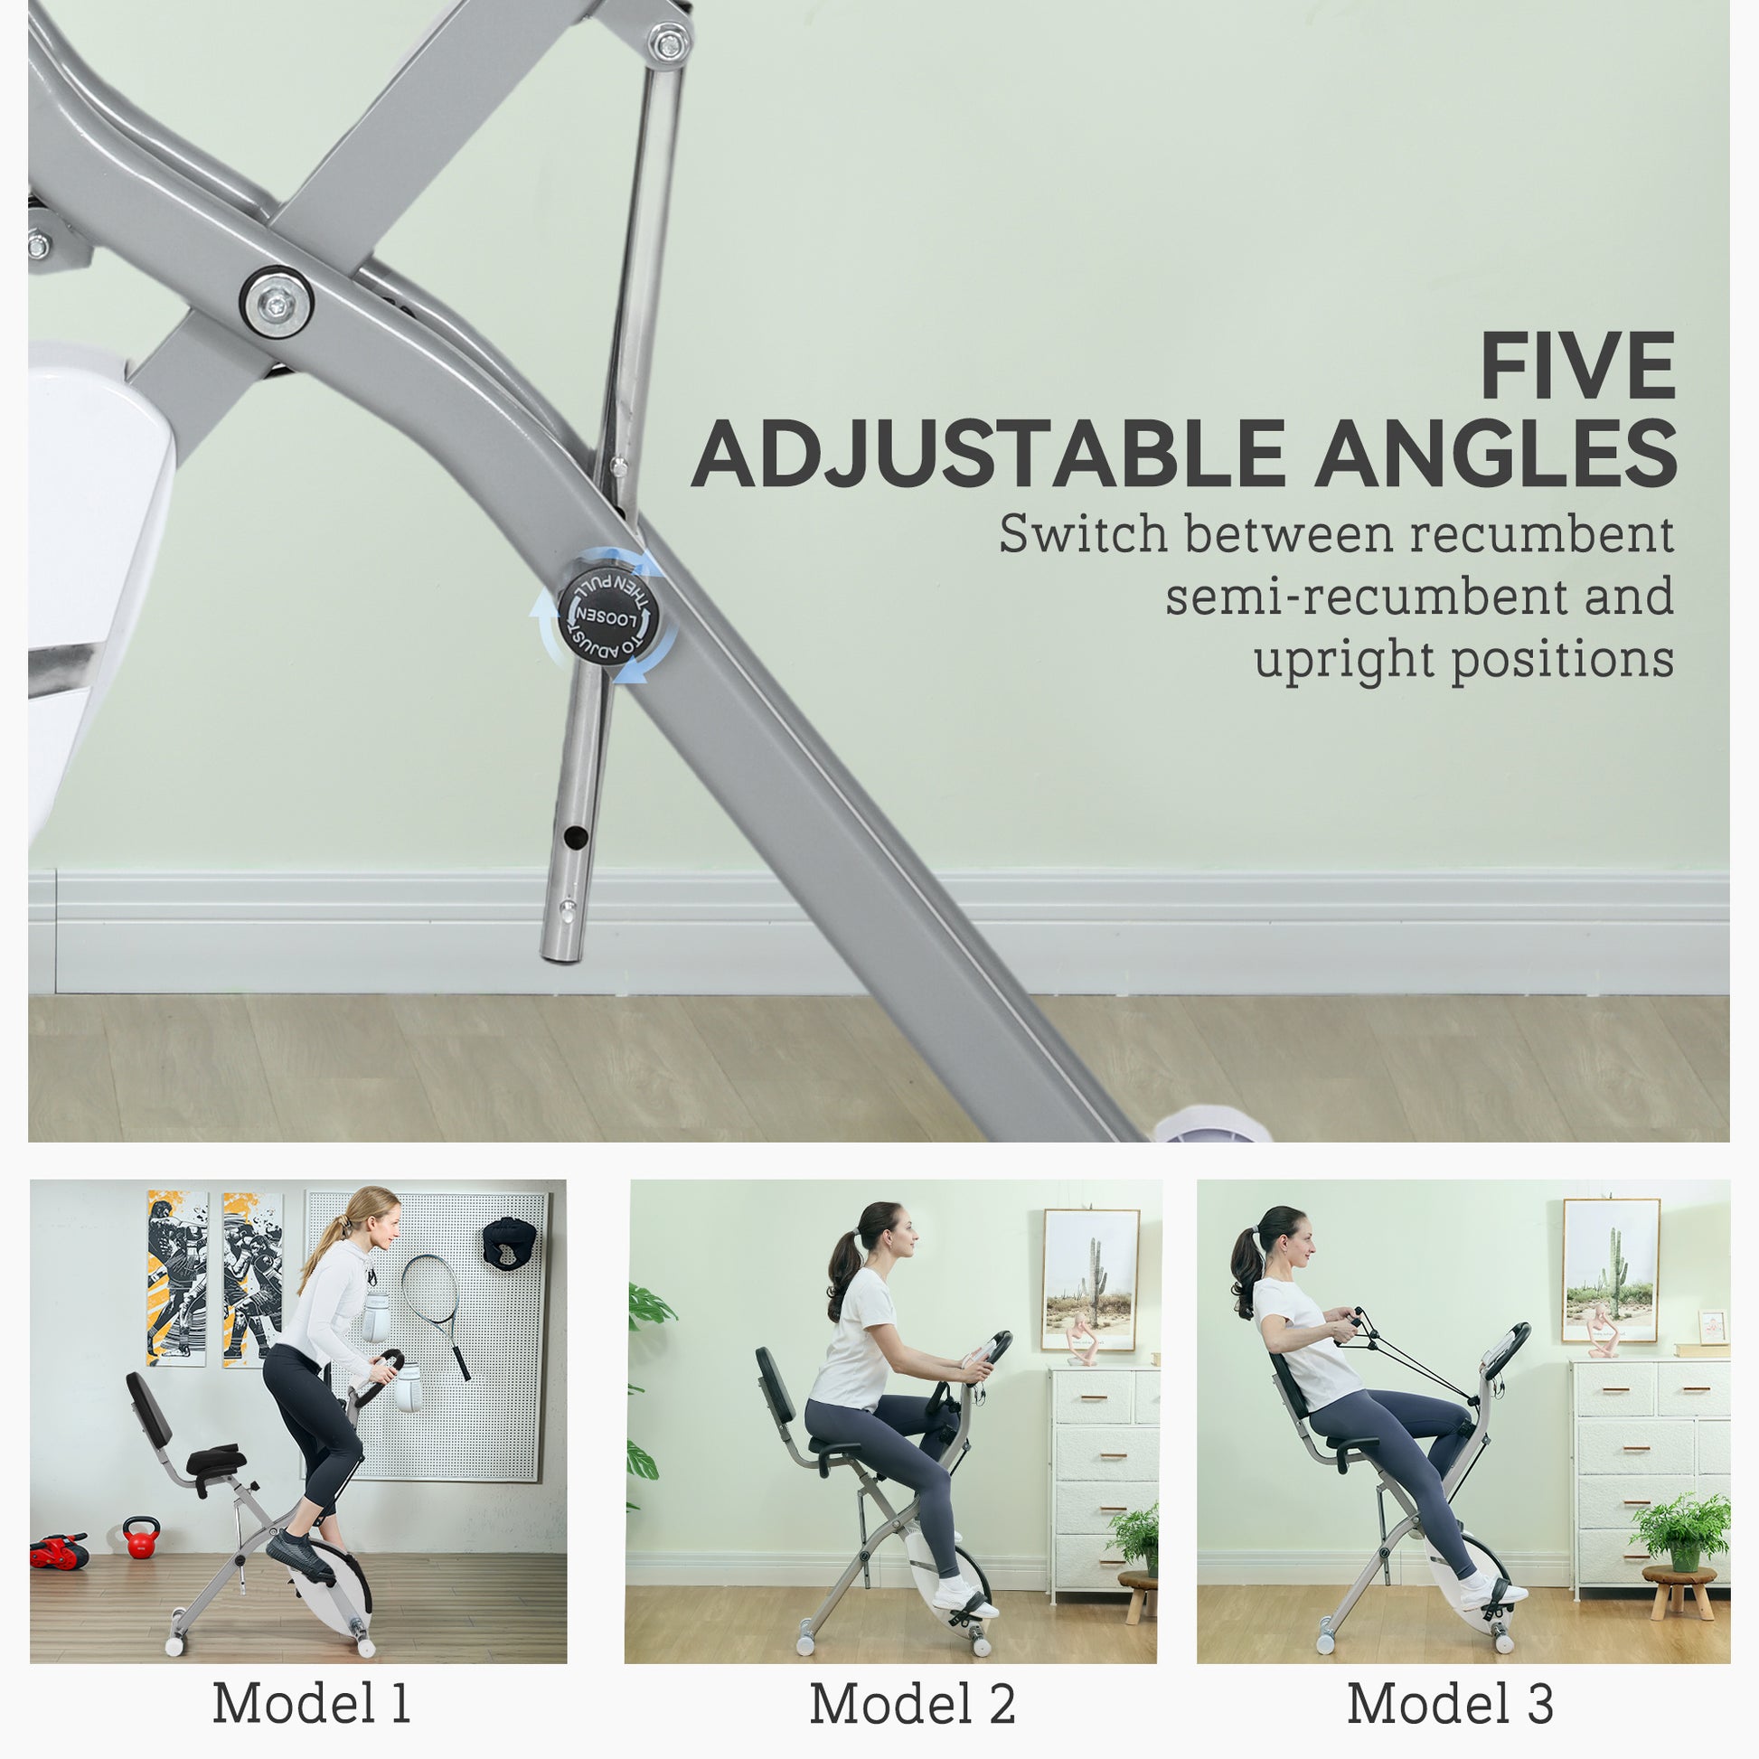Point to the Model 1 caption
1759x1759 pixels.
tap(311, 1702)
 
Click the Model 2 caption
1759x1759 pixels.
tap(912, 1703)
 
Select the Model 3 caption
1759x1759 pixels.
tap(1450, 1703)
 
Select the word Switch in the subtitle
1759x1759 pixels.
tap(1083, 534)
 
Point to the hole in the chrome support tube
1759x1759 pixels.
tap(575, 833)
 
